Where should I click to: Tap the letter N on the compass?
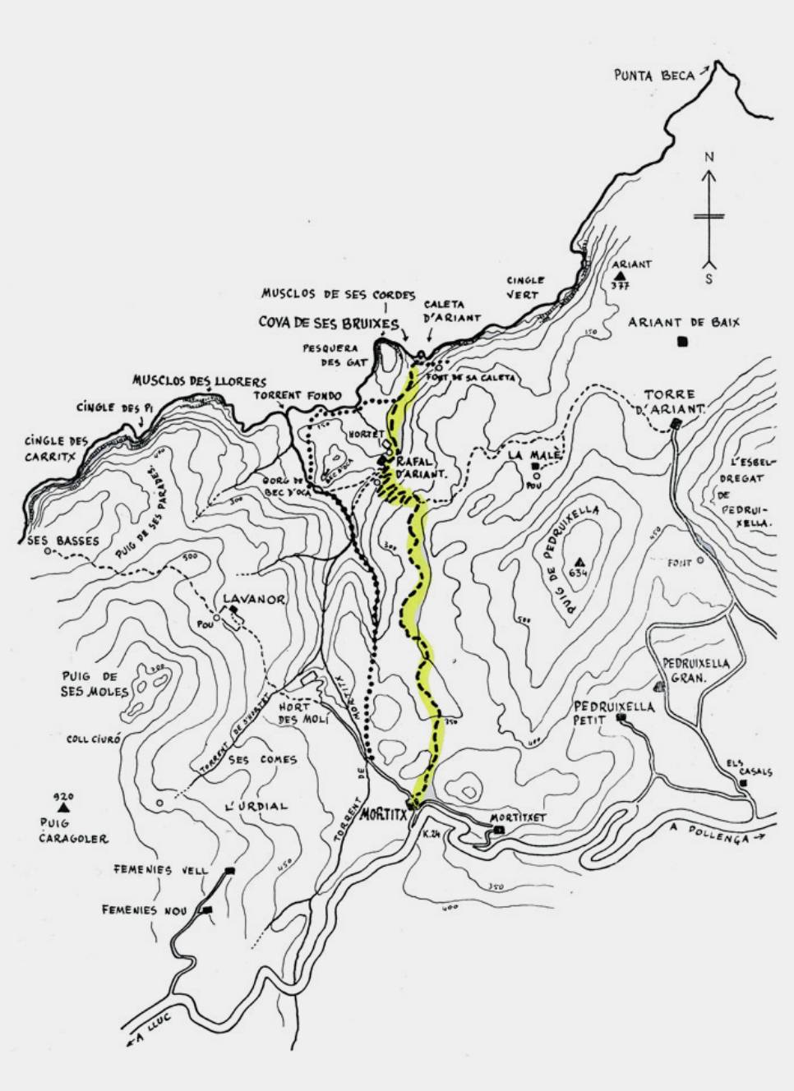click(709, 156)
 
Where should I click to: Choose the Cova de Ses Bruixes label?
click(329, 323)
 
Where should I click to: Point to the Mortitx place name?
click(384, 817)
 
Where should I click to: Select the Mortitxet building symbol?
click(499, 831)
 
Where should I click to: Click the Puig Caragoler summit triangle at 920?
click(62, 808)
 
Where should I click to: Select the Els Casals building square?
click(743, 783)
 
